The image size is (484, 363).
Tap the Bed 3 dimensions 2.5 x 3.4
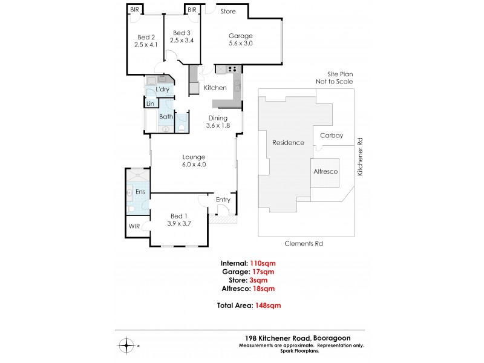(182, 41)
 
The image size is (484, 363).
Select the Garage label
(240, 35)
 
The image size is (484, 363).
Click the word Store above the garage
(228, 11)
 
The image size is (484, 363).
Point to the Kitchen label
(215, 88)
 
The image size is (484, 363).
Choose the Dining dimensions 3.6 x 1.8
(218, 126)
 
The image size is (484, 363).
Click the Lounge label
(194, 157)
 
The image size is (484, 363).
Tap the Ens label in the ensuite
(140, 192)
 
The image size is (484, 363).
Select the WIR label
(134, 227)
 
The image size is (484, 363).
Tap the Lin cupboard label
(150, 104)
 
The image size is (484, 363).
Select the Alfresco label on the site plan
(325, 172)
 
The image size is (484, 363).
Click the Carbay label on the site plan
(331, 136)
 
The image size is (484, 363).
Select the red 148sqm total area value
(267, 306)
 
